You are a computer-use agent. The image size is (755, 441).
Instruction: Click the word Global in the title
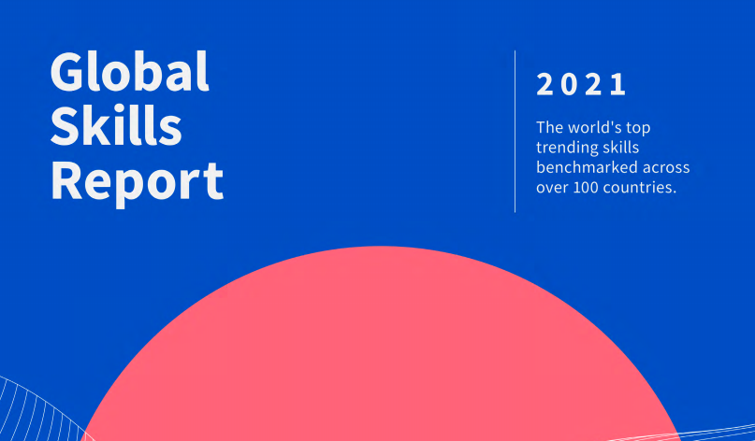(x=129, y=71)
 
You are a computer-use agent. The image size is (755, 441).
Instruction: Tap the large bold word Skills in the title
(x=116, y=125)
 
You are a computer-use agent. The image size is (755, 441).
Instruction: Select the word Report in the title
(x=138, y=183)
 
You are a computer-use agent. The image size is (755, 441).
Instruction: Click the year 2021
(x=581, y=85)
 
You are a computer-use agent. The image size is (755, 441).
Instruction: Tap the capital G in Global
(x=67, y=71)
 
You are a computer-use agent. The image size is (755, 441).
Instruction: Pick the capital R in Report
(x=66, y=180)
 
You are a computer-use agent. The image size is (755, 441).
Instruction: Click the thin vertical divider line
(x=515, y=132)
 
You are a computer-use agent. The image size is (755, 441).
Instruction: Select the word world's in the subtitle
(x=594, y=127)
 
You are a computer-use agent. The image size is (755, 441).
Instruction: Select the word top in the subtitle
(x=638, y=128)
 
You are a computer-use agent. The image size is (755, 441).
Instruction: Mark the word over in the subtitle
(x=552, y=189)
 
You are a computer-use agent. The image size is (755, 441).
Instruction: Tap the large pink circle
(x=381, y=347)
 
